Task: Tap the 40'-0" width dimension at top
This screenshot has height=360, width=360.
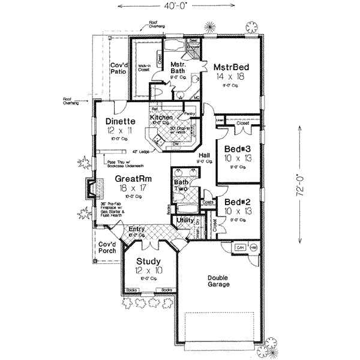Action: [x=180, y=5]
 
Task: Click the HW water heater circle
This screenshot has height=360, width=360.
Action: [x=253, y=247]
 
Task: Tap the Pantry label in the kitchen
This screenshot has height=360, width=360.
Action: [x=190, y=113]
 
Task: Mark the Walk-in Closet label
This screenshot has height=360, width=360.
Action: [x=144, y=68]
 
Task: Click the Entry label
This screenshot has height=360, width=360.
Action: [x=137, y=229]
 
